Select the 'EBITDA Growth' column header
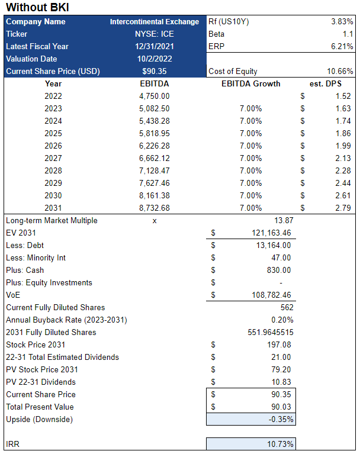tap(250, 83)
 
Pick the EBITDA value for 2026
tap(153, 146)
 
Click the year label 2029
tap(53, 183)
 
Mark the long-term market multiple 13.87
tap(282, 220)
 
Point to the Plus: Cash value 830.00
tap(278, 270)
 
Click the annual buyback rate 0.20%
tap(282, 320)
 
